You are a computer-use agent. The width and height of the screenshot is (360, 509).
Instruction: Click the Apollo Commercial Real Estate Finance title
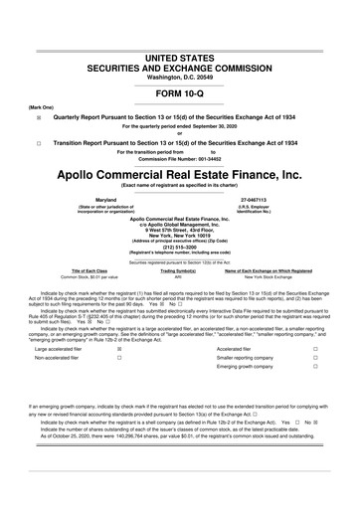179,173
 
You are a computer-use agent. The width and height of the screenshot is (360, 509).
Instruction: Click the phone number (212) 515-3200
179,247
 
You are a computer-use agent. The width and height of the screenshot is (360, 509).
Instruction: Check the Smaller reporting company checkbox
314,331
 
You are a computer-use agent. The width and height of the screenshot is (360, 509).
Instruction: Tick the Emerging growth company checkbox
314,341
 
